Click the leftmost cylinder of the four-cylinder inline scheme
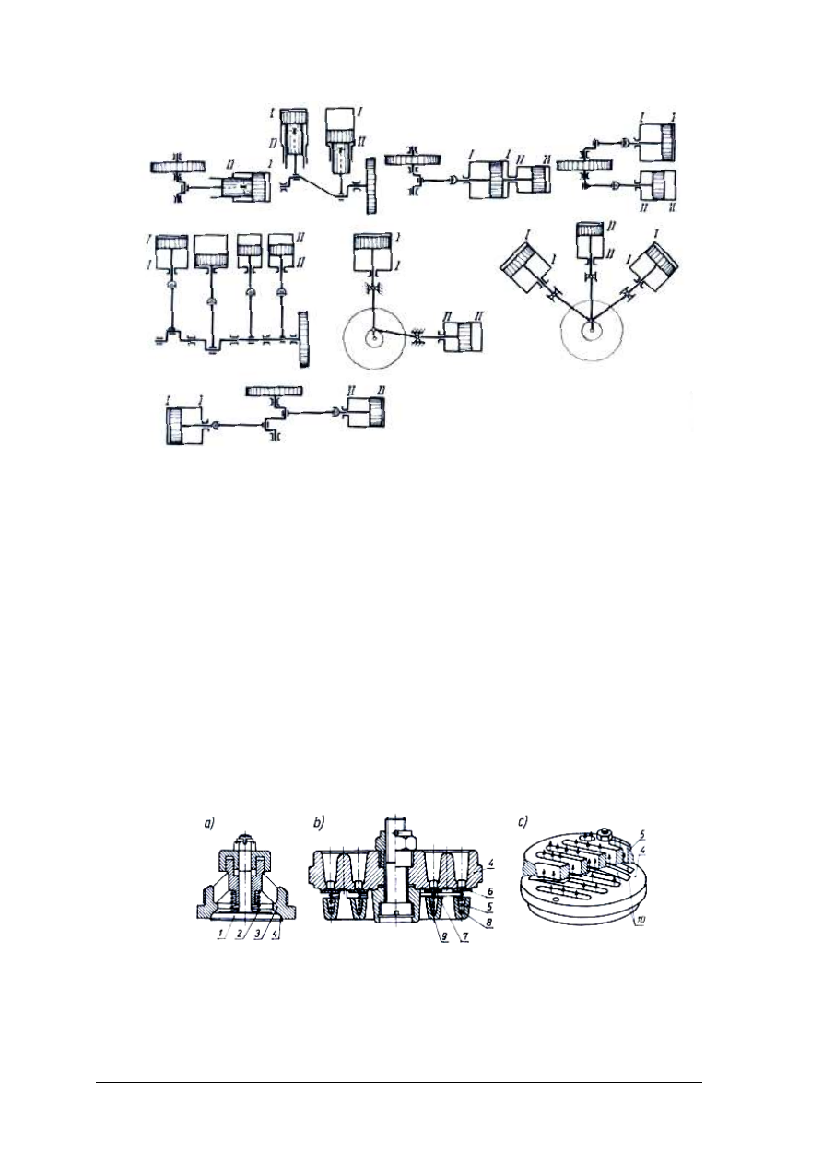click(x=170, y=253)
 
